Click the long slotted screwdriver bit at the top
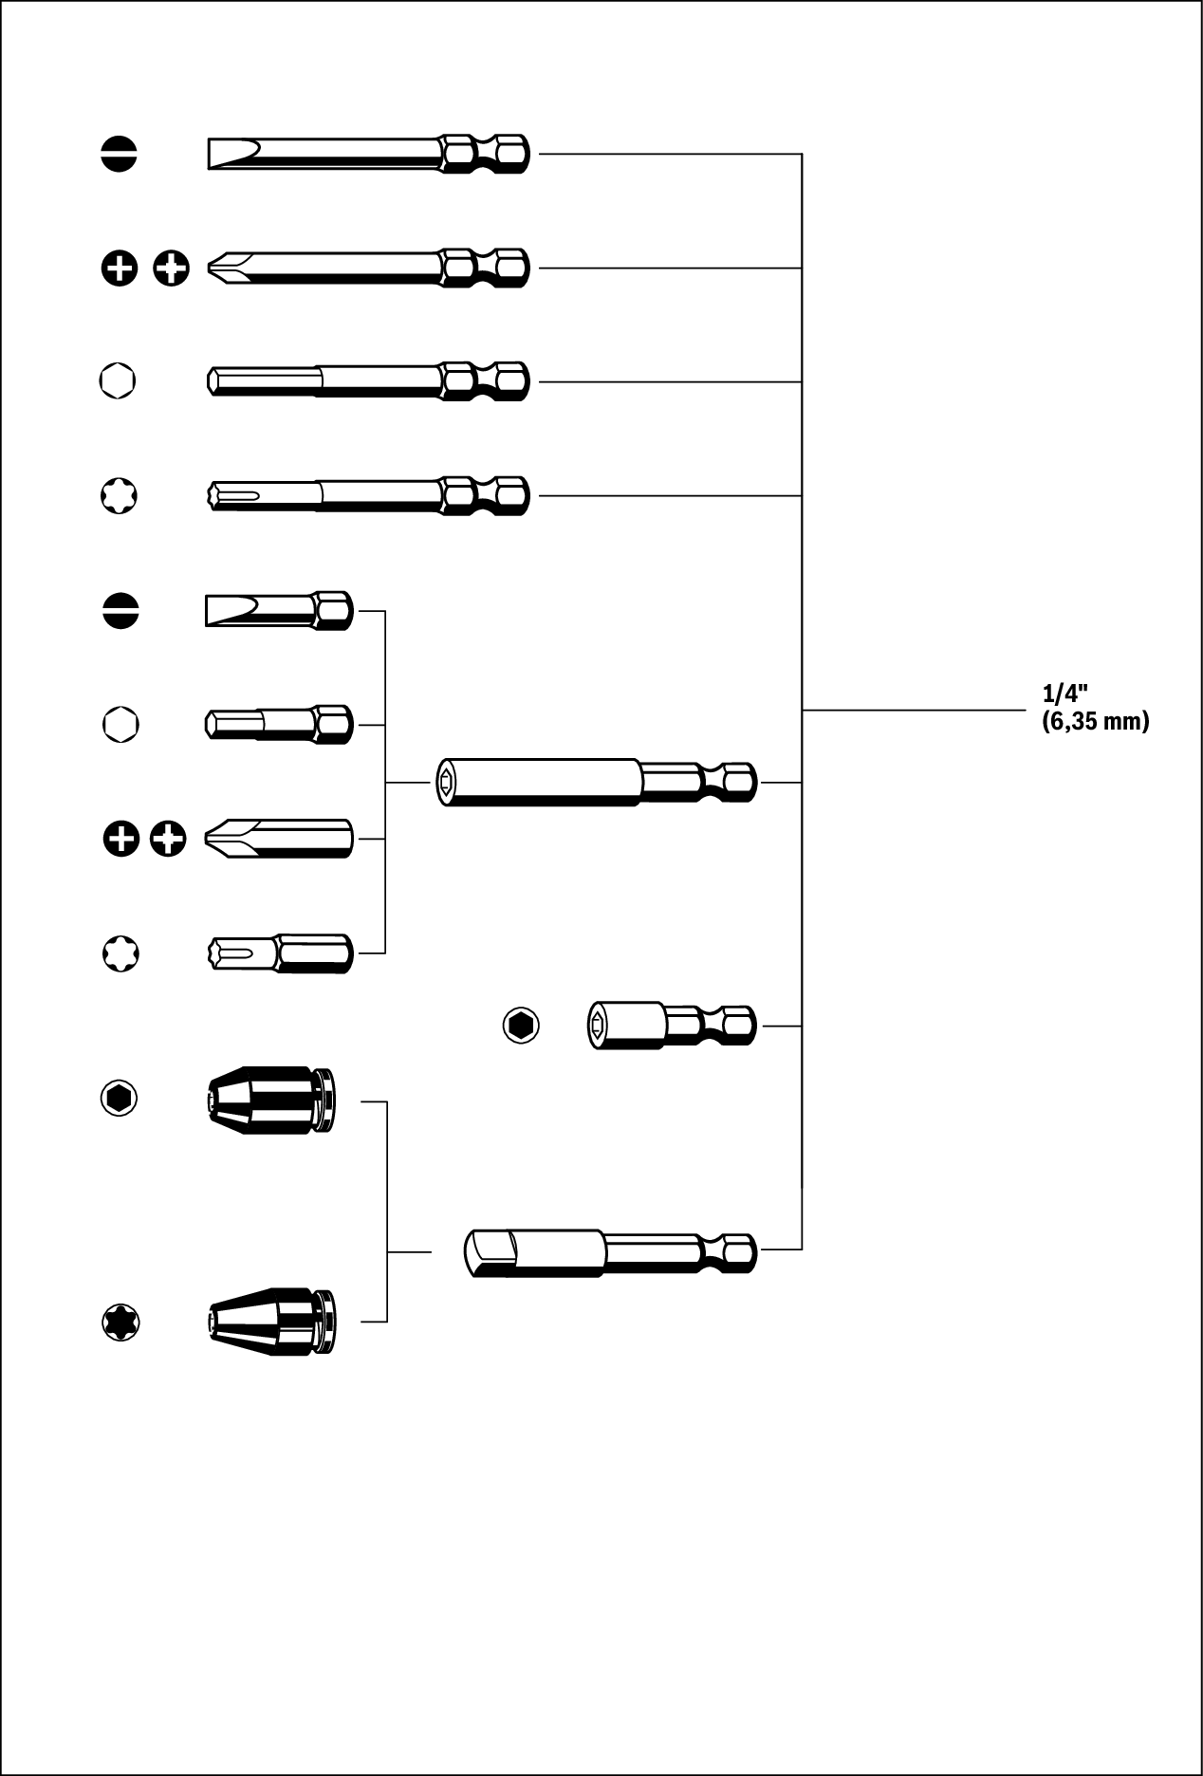click(367, 153)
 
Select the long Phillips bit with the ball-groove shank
click(367, 268)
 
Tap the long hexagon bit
click(367, 381)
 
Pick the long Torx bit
click(367, 495)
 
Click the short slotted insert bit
click(279, 611)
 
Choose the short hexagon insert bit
click(279, 725)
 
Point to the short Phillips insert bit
click(279, 839)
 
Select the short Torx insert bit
click(279, 953)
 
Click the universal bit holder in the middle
click(596, 782)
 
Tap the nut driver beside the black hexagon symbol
click(672, 1026)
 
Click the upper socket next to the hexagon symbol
click(271, 1101)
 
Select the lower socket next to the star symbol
click(271, 1322)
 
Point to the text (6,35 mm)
click(1095, 721)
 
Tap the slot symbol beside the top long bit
click(120, 154)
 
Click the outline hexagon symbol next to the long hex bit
click(118, 380)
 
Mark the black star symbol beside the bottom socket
click(120, 1322)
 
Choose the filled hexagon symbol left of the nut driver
click(520, 1026)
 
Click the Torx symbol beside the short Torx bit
click(120, 953)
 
